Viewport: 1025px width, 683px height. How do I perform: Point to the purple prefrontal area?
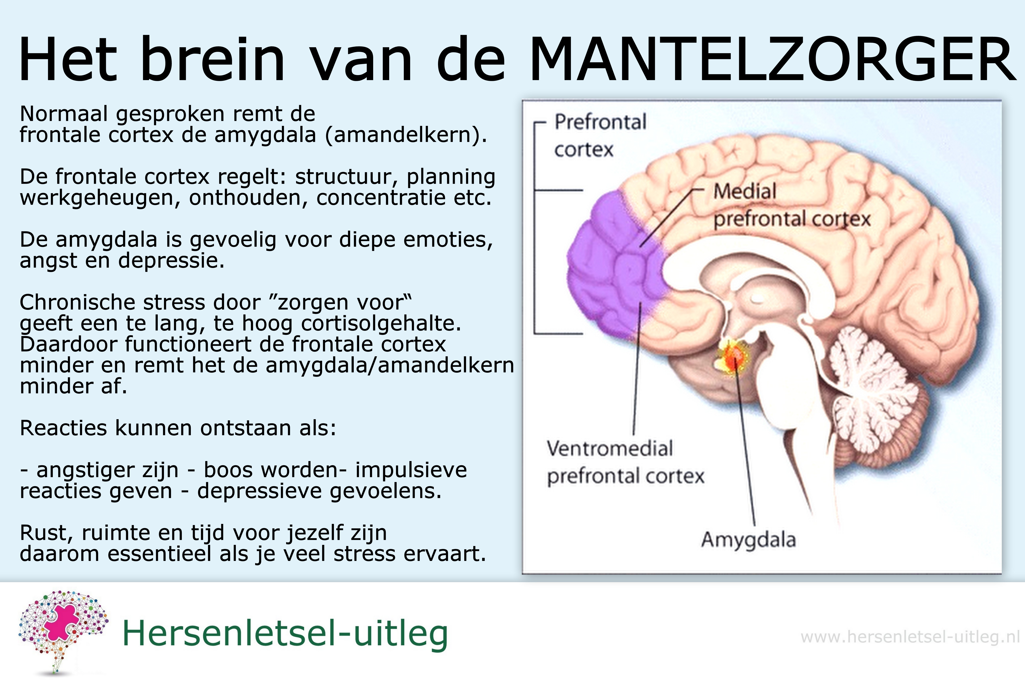point(619,266)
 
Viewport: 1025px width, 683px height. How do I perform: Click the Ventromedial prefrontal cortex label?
point(625,462)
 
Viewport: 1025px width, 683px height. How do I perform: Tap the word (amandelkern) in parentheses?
point(406,135)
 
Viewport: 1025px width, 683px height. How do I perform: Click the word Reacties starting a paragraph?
point(63,428)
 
